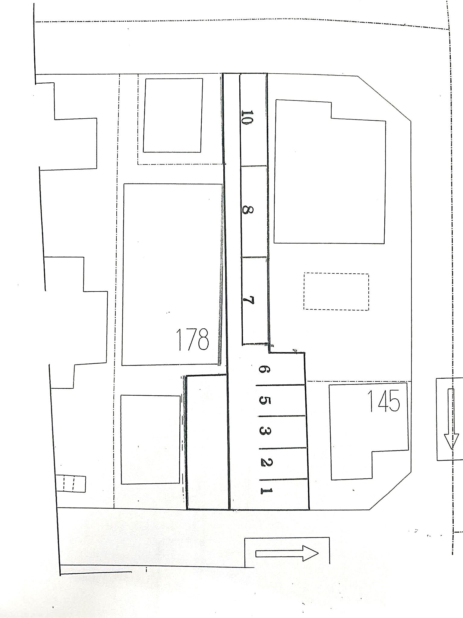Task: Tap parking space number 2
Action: coord(266,462)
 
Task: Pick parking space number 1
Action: coord(266,491)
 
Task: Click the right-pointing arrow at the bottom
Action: coord(287,554)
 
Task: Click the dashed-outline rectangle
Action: coord(336,291)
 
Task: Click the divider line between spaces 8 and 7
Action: coord(254,257)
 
